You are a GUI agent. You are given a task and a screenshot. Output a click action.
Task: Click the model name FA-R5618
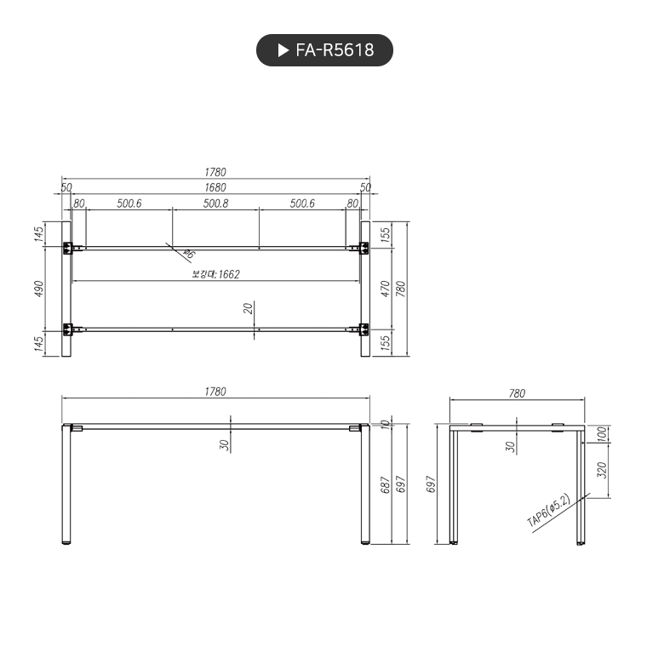click(335, 50)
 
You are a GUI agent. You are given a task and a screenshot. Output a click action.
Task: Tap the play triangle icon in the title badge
click(283, 50)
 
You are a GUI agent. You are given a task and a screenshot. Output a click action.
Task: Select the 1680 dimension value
click(215, 187)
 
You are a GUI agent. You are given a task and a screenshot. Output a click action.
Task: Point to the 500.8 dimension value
click(215, 204)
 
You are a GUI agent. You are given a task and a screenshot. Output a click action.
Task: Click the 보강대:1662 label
click(215, 274)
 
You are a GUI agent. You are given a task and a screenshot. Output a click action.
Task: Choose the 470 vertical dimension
click(385, 288)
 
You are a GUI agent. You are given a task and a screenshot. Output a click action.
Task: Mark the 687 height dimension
click(385, 486)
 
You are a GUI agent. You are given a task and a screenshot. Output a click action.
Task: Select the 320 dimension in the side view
click(602, 469)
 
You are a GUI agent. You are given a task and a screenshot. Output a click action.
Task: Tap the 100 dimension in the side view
click(602, 434)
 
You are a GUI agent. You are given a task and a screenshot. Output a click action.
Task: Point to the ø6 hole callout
click(189, 255)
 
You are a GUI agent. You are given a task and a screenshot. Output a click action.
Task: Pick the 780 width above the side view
click(517, 393)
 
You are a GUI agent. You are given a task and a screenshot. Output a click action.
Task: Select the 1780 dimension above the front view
click(215, 392)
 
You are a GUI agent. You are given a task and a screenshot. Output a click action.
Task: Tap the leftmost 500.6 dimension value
click(129, 204)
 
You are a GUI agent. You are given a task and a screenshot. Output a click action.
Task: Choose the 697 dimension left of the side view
click(432, 484)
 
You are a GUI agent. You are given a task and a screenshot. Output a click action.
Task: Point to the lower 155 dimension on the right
click(385, 342)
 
